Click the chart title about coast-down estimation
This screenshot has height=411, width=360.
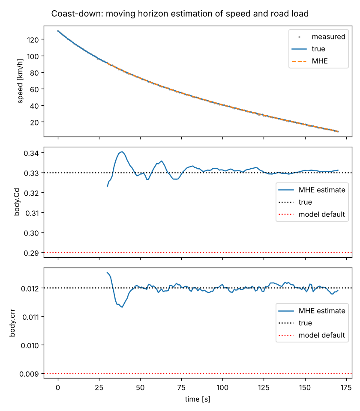coord(180,14)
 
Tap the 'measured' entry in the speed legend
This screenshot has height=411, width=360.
coord(328,37)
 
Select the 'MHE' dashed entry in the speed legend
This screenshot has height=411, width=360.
coord(320,61)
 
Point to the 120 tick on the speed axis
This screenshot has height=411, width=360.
coord(33,40)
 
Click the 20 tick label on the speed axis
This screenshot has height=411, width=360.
coord(34,122)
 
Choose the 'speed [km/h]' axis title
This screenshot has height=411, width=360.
coord(20,81)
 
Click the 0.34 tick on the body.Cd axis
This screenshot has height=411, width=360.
coord(31,153)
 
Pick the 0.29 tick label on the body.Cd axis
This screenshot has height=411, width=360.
coord(31,253)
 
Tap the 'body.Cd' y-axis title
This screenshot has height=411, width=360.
coord(17,202)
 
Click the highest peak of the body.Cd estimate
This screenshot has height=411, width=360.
coord(122,152)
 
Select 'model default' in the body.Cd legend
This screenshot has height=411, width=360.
coord(322,214)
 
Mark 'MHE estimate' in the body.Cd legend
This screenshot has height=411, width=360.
coord(322,190)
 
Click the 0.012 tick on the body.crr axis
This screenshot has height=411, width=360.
coord(30,289)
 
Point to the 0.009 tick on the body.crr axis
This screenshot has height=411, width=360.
coord(29,374)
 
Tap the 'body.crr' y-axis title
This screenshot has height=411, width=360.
coord(12,323)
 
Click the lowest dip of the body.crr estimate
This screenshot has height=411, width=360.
coord(122,307)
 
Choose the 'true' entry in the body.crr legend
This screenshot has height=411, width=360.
coord(305,323)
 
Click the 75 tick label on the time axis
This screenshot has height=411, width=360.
coord(181,388)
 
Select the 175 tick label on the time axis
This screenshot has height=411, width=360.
coord(346,388)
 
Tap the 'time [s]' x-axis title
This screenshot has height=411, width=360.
coord(198,399)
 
